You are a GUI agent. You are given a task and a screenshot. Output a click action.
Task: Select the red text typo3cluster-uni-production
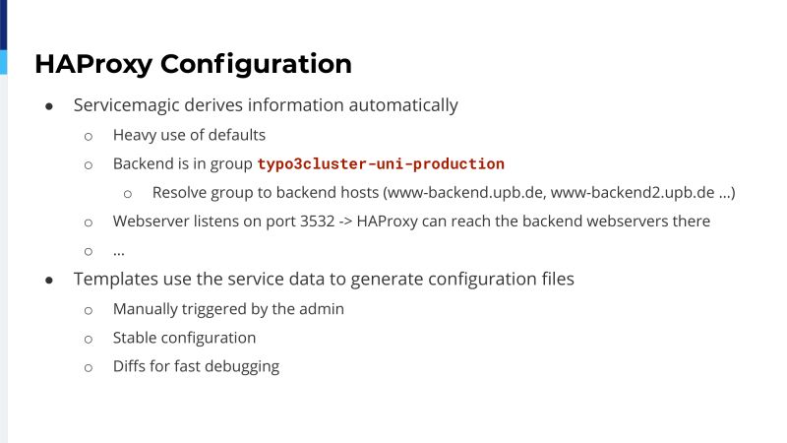381,164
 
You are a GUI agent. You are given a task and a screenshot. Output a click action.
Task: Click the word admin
322,309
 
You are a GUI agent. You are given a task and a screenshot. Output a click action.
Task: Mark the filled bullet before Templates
48,280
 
